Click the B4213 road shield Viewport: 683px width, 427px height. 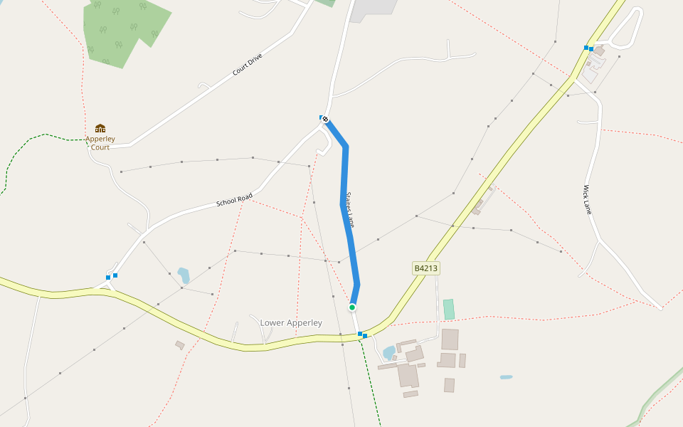point(425,268)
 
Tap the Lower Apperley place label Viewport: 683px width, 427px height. point(291,323)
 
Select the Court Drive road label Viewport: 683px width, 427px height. point(248,65)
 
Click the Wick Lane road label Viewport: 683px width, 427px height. point(588,200)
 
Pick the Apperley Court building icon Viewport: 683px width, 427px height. point(100,128)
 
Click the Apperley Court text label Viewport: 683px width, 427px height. point(100,143)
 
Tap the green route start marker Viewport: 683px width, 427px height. point(351,307)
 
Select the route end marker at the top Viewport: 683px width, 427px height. point(325,119)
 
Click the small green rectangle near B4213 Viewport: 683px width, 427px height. point(448,310)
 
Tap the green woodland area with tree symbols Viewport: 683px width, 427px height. point(121,28)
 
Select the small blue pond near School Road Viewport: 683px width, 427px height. point(184,275)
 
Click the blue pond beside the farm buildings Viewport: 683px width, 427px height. point(388,352)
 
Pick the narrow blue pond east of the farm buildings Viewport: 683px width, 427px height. point(506,376)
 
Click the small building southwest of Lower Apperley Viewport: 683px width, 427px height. point(180,345)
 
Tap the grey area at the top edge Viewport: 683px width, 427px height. point(374,7)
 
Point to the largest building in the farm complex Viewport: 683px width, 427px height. point(408,375)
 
